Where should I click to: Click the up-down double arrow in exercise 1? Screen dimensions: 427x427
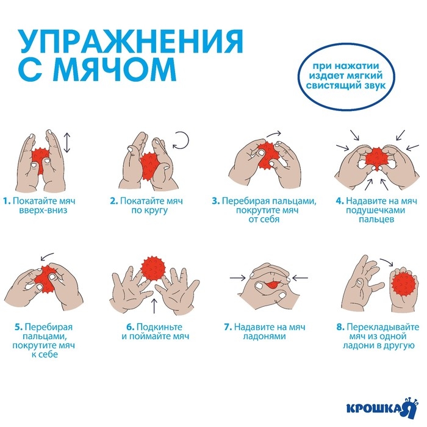click(x=67, y=144)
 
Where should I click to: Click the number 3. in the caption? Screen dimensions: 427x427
click(x=215, y=200)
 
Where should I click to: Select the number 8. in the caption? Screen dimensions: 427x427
click(x=340, y=327)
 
